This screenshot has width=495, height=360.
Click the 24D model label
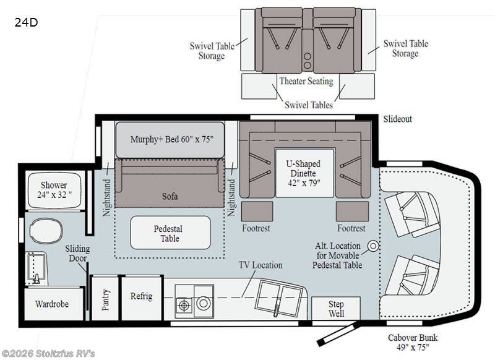point(26,22)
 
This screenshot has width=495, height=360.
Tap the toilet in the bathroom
point(46,231)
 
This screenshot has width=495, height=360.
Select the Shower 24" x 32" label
point(54,190)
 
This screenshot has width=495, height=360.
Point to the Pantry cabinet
point(105,299)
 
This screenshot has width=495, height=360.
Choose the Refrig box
point(142,298)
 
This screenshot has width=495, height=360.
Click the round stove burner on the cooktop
point(204,304)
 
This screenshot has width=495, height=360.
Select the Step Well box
point(336,309)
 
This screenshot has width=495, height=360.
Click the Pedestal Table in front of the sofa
point(170,233)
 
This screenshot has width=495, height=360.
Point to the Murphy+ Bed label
point(172,139)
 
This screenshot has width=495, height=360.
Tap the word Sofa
point(170,196)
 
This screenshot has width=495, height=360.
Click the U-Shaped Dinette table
point(304,173)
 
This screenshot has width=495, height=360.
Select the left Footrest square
point(257,212)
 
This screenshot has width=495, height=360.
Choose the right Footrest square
point(352,212)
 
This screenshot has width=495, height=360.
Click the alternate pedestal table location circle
point(373,246)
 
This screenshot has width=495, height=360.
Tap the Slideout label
point(397,119)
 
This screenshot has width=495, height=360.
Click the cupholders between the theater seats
point(308,61)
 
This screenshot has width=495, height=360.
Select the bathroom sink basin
point(35,267)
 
